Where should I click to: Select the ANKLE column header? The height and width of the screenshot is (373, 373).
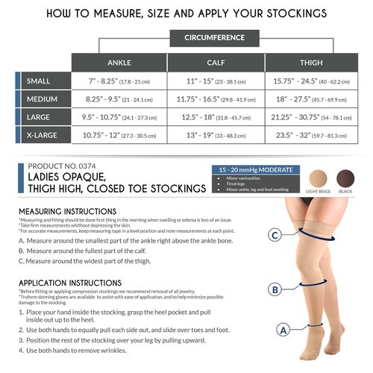click(119, 63)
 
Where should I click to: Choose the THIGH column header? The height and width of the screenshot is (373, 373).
click(311, 63)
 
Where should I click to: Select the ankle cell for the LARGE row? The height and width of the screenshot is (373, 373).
click(119, 118)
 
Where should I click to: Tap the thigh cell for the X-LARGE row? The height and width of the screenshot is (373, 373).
click(311, 136)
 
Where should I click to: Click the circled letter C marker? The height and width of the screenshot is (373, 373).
click(275, 236)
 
